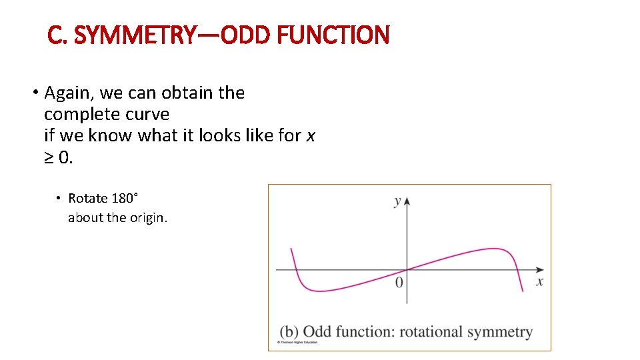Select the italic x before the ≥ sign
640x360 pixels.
(x=310, y=135)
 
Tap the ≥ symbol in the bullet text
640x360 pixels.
(x=50, y=157)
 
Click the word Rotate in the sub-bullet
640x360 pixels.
(x=88, y=198)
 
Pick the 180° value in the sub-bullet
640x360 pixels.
(x=125, y=198)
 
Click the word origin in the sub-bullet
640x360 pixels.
(x=147, y=218)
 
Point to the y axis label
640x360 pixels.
(x=397, y=201)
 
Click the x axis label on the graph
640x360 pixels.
(x=539, y=282)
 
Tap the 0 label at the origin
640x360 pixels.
(x=399, y=283)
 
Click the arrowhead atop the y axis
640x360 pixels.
(x=407, y=200)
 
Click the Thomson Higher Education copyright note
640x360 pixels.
(x=297, y=343)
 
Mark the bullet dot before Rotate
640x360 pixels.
(x=59, y=198)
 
